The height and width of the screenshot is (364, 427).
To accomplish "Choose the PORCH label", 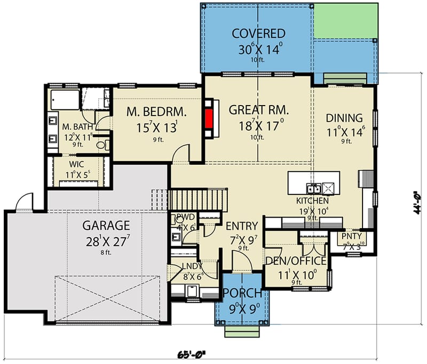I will [x=242, y=294].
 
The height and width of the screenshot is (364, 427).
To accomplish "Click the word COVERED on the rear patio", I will [x=258, y=34].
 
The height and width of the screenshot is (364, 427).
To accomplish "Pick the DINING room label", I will [x=344, y=118].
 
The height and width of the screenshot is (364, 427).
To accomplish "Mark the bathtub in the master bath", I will [x=65, y=100].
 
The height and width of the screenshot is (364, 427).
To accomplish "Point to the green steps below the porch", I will [x=241, y=331].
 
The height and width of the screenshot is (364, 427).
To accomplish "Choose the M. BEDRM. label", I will [x=156, y=112].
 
